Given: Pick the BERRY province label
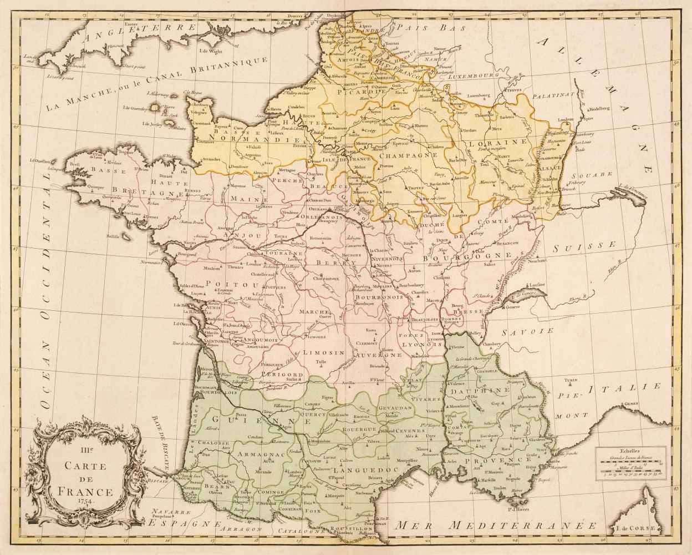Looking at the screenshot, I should click(x=326, y=263).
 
